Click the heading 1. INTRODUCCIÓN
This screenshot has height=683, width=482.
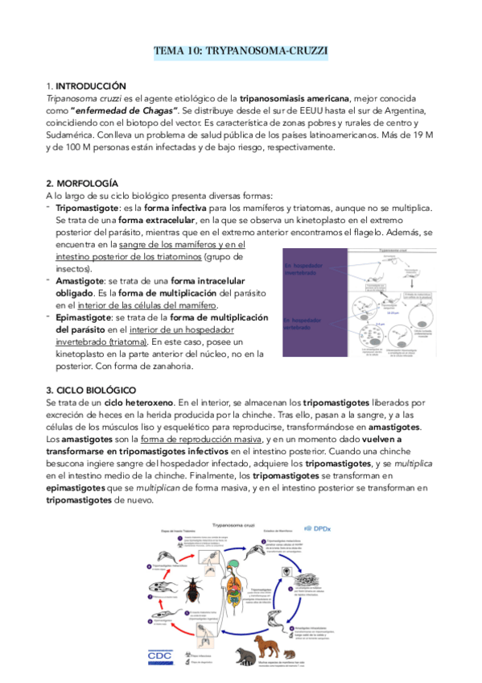(86, 85)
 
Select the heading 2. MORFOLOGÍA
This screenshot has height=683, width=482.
(82, 184)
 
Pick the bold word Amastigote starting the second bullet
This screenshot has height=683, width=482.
(80, 280)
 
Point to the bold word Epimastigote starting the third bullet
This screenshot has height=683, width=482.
(84, 317)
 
